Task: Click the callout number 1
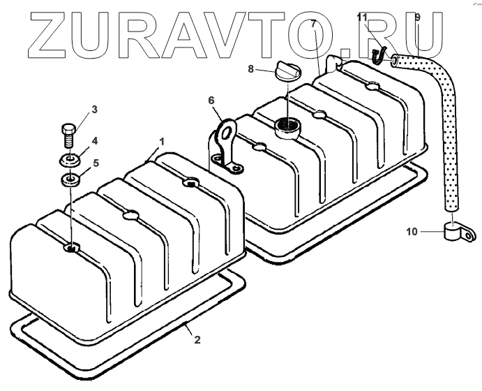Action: point(162,142)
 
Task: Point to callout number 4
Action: point(95,140)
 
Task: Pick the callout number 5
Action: point(96,163)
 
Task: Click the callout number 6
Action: point(211,101)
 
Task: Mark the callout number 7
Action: point(313,24)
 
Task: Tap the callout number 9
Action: point(417,17)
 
